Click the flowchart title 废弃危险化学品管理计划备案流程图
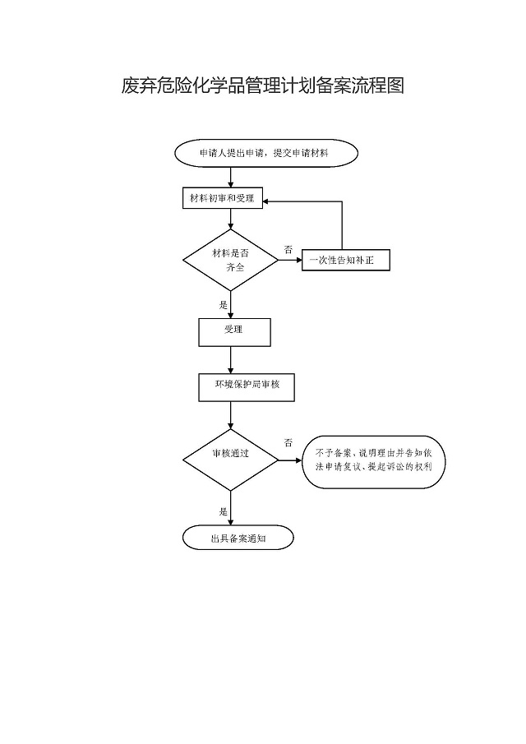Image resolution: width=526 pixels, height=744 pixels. pyautogui.click(x=263, y=85)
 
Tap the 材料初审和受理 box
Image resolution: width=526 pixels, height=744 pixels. pyautogui.click(x=222, y=199)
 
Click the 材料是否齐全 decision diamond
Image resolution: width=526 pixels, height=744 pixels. pyautogui.click(x=230, y=261)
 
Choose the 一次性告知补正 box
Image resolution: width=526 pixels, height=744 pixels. pyautogui.click(x=345, y=261)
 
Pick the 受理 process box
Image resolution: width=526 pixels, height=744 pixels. pyautogui.click(x=233, y=331)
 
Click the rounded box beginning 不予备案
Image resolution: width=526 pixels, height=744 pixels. pyautogui.click(x=374, y=460)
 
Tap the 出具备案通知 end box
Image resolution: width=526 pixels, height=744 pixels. pyautogui.click(x=238, y=538)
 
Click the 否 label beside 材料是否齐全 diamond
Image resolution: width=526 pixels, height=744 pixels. pyautogui.click(x=288, y=248)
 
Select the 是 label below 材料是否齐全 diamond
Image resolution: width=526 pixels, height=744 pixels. pyautogui.click(x=223, y=303)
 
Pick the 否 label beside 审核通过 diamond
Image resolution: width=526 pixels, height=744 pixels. pyautogui.click(x=288, y=442)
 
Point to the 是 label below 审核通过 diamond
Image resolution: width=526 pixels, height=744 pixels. pyautogui.click(x=223, y=511)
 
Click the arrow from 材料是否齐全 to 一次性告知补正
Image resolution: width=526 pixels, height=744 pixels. pyautogui.click(x=290, y=261)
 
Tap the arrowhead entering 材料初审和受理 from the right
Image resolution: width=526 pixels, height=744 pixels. pyautogui.click(x=269, y=200)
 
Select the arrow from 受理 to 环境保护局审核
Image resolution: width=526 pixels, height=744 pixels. pyautogui.click(x=231, y=360)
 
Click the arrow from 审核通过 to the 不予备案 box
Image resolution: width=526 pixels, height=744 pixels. pyautogui.click(x=291, y=460)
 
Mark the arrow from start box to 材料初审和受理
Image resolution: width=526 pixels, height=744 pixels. pyautogui.click(x=231, y=177)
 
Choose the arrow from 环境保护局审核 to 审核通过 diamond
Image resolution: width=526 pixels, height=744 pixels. pyautogui.click(x=231, y=415)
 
